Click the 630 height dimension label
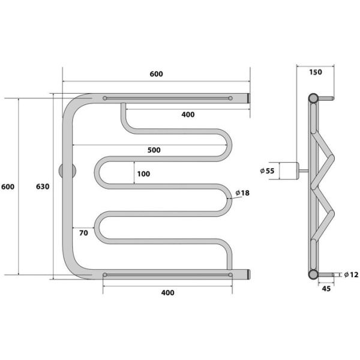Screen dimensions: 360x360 pos(43,187)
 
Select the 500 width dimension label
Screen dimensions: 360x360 pos(154,150)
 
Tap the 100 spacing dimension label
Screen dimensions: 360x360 pos(143,174)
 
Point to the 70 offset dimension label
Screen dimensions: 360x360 pos(83,233)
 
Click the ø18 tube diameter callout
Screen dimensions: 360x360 pos(242,193)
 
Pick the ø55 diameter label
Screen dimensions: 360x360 pos(267,171)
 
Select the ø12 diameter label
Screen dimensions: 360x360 pos(351,274)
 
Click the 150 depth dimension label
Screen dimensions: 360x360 pos(316,72)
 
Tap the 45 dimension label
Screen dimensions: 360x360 pos(326,289)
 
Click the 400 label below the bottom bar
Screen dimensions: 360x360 pos(167,293)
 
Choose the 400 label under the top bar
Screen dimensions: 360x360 pos(188,115)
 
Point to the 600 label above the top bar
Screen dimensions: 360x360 pos(156,74)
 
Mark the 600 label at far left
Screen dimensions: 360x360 pos(8,187)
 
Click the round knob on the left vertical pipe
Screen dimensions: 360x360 pos(67,171)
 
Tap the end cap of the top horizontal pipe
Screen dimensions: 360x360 pos(248,98)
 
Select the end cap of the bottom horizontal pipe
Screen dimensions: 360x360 pos(248,274)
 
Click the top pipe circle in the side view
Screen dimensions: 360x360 pos(313,98)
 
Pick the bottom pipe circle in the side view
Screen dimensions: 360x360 pos(313,274)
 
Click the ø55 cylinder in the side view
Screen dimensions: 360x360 pos(289,171)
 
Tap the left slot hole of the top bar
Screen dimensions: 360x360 pos(104,98)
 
